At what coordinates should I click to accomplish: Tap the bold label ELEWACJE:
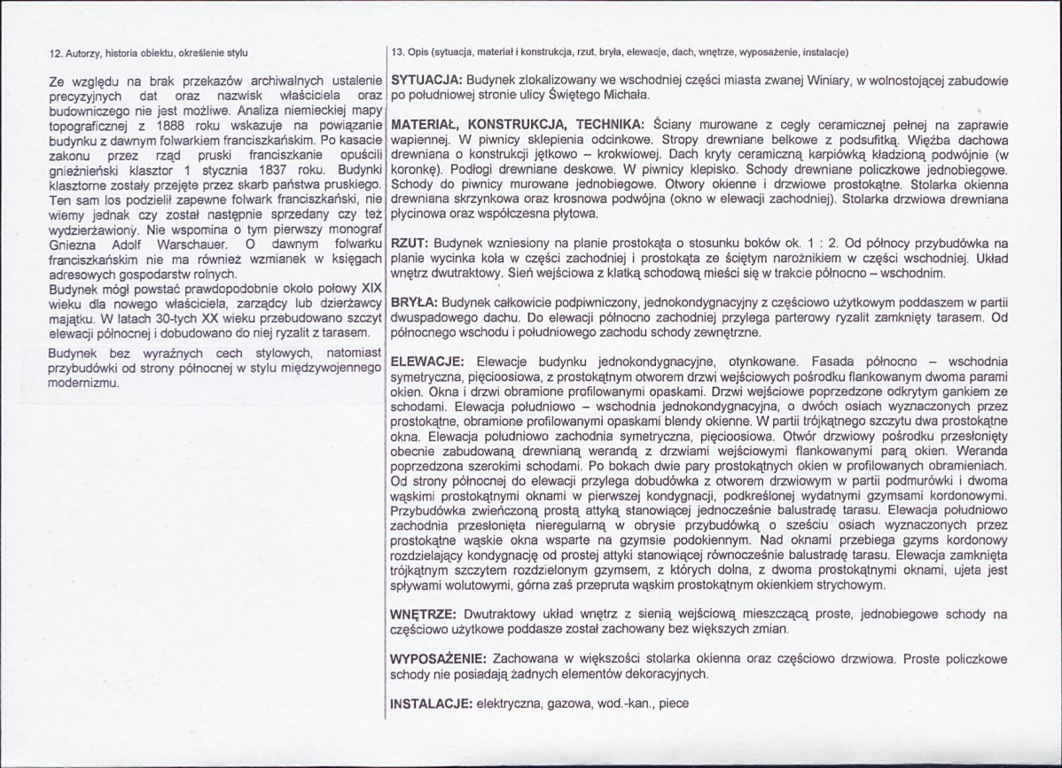click(424, 362)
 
